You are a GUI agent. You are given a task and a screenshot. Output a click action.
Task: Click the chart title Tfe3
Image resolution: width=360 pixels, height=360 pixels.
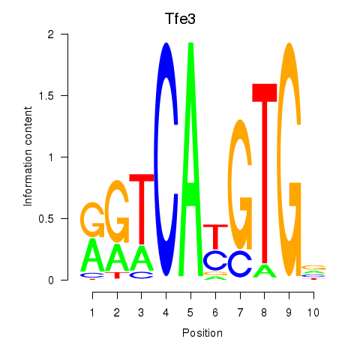tap(180, 19)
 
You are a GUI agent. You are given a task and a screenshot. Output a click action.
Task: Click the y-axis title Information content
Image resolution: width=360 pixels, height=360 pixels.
tap(28, 157)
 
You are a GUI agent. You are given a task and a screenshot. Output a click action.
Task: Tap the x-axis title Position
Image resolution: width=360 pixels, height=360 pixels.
tap(202, 333)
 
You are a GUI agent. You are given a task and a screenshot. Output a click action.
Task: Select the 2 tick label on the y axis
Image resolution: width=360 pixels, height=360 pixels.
tap(51, 34)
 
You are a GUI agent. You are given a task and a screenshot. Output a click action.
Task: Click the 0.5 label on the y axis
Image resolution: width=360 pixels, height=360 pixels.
tap(46, 219)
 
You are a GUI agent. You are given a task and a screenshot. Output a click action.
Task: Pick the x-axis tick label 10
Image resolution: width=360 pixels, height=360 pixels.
tap(313, 313)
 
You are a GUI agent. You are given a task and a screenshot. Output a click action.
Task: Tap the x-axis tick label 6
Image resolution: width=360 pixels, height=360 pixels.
tap(215, 313)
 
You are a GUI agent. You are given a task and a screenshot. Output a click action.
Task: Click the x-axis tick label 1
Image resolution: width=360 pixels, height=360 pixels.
tap(92, 313)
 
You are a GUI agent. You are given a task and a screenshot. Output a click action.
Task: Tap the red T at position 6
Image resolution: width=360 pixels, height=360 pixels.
tap(215, 236)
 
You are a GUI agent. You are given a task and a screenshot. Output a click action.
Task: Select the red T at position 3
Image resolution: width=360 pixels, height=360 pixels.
tap(142, 208)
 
